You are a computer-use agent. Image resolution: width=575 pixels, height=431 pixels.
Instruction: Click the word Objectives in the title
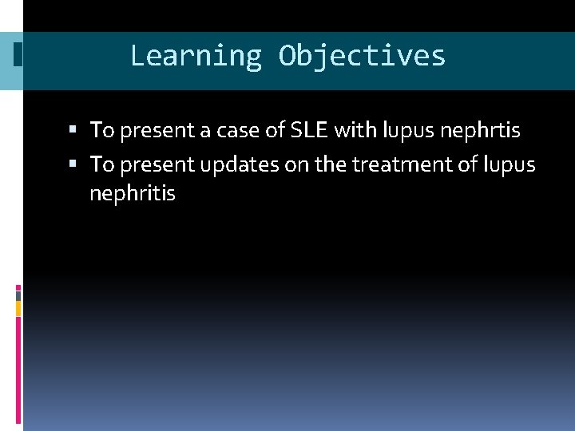click(362, 56)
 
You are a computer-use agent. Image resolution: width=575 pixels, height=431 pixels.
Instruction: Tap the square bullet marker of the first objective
click(73, 129)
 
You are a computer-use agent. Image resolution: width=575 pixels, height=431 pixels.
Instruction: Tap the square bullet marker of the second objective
click(73, 164)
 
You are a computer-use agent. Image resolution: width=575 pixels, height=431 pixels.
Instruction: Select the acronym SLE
click(308, 129)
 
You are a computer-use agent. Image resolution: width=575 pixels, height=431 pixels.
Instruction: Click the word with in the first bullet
click(356, 129)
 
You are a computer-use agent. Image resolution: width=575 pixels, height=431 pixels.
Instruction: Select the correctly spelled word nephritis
click(132, 193)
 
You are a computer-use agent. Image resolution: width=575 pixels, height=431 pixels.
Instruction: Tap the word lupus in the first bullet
click(408, 129)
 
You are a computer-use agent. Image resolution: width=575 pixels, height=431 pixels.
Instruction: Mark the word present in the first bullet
click(153, 129)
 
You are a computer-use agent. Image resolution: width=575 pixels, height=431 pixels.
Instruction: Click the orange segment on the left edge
click(18, 308)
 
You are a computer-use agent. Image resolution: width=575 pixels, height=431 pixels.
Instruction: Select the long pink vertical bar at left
click(18, 368)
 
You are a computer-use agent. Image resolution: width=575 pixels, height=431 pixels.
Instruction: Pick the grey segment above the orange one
click(18, 295)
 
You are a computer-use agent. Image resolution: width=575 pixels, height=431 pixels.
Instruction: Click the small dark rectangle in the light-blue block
click(18, 54)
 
